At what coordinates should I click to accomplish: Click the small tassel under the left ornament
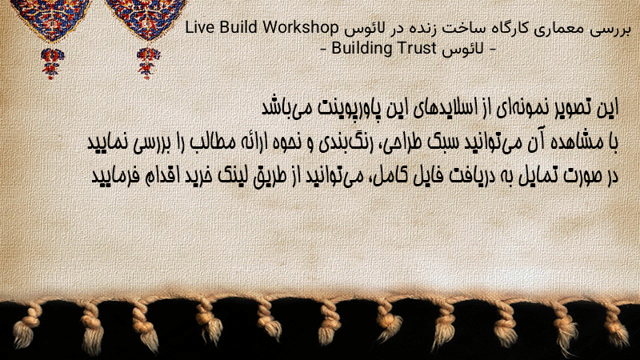[x=52, y=62]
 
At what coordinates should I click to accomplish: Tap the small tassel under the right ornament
[x=148, y=62]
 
